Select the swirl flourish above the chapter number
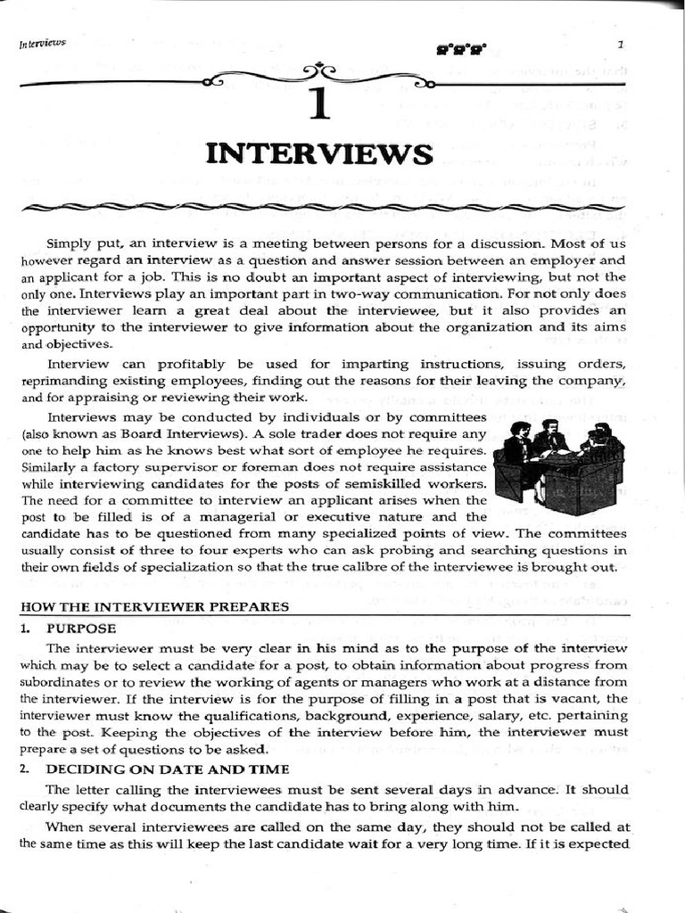click(x=319, y=74)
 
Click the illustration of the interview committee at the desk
click(x=558, y=466)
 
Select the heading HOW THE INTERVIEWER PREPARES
click(x=154, y=606)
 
